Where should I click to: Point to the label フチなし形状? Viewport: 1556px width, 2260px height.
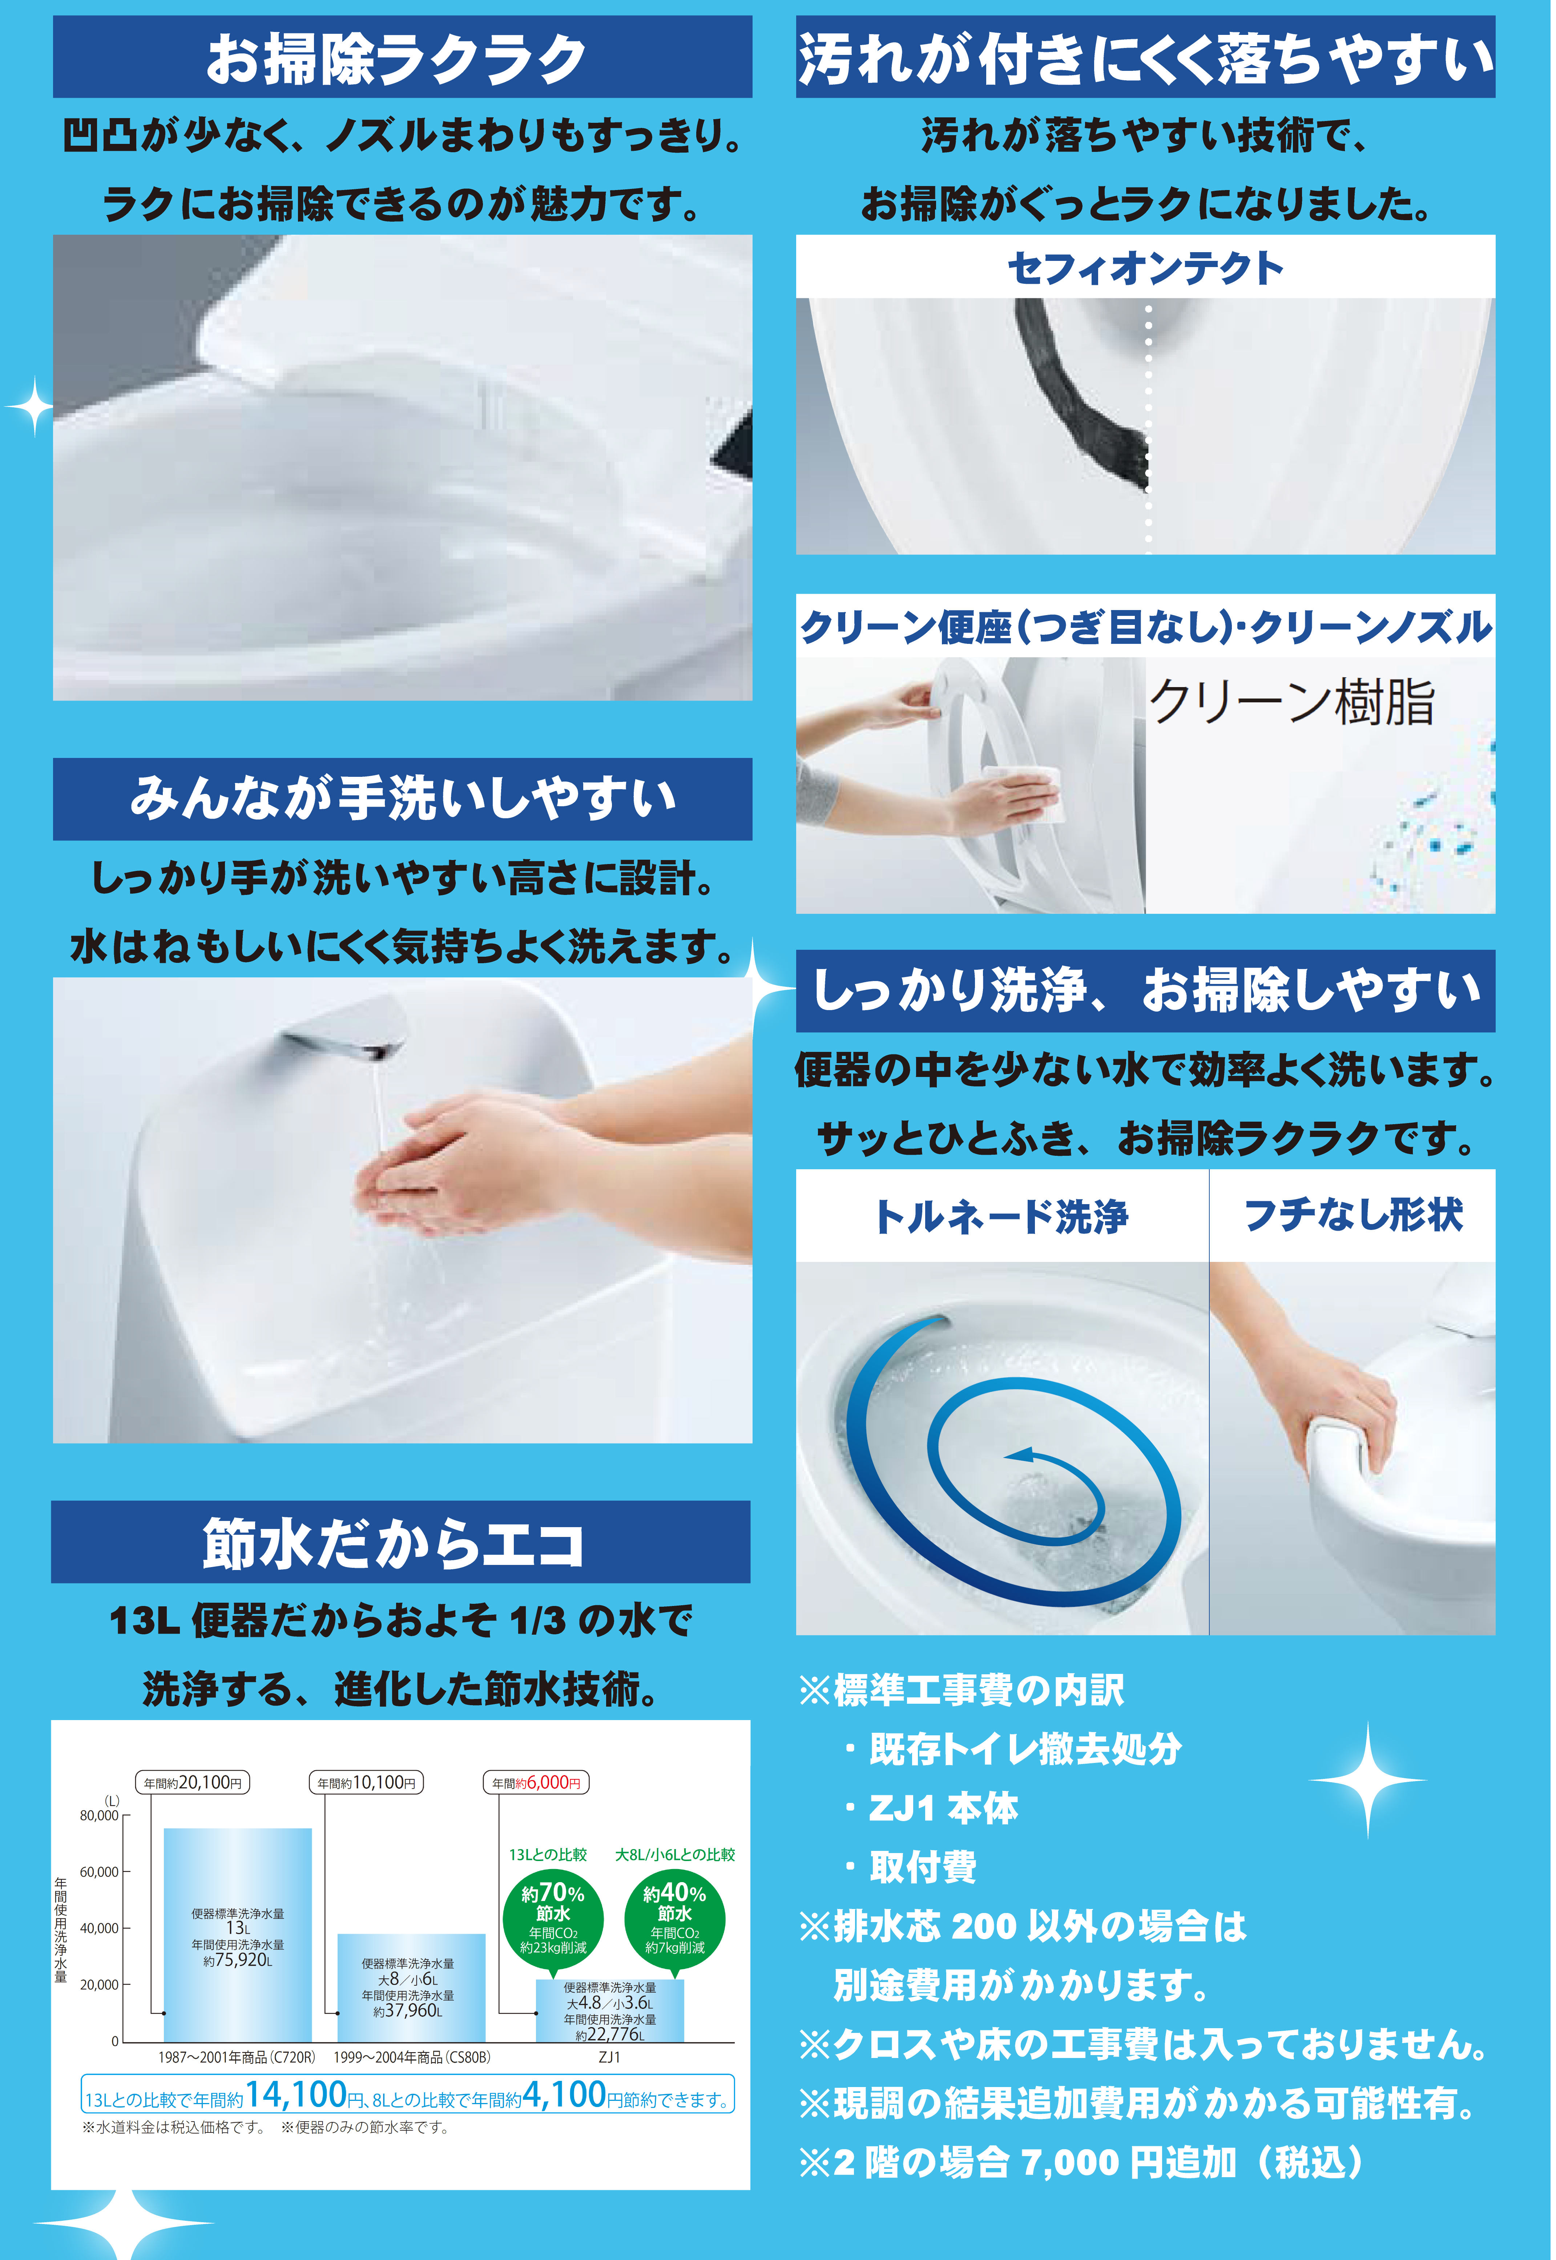pos(1353,1214)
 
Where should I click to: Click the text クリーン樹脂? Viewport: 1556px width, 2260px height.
pos(1292,702)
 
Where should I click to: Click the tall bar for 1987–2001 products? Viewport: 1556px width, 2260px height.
pos(238,1934)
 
